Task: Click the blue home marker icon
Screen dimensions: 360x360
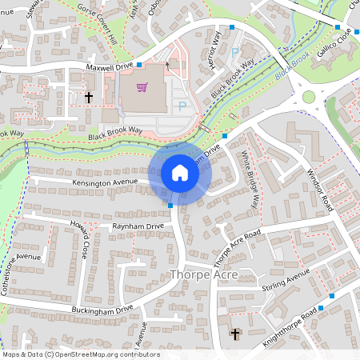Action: click(180, 173)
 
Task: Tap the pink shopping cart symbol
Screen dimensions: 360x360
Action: click(142, 87)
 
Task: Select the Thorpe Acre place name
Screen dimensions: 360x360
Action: click(203, 275)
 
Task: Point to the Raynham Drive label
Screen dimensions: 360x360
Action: click(138, 226)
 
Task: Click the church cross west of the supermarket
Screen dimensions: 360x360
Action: click(89, 97)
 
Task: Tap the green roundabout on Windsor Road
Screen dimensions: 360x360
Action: click(308, 98)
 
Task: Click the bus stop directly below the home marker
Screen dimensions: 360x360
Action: click(171, 206)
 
